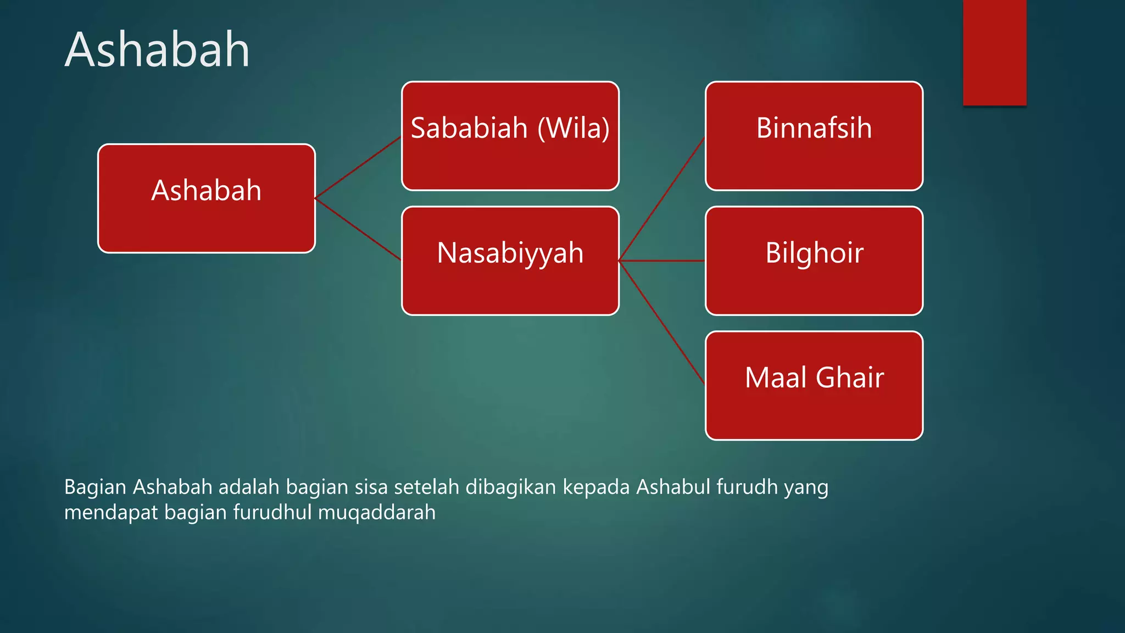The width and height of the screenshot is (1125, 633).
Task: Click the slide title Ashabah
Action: click(x=157, y=50)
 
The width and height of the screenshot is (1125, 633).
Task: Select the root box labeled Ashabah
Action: click(x=207, y=198)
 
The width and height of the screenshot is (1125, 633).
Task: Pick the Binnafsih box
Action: click(x=814, y=136)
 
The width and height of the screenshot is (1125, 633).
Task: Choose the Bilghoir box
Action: click(x=814, y=260)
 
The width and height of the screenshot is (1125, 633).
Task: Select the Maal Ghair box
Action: click(x=814, y=385)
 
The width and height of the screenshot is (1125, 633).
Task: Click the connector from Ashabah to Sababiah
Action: click(x=358, y=167)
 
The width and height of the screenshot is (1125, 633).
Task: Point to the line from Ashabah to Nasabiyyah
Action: click(x=358, y=229)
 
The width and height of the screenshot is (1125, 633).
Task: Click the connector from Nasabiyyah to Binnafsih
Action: click(x=662, y=198)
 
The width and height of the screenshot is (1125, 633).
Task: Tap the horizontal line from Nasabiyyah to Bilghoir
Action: click(x=662, y=260)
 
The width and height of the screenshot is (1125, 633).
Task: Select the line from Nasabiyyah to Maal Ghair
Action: click(x=662, y=323)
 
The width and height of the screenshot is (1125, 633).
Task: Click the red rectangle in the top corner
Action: click(x=994, y=52)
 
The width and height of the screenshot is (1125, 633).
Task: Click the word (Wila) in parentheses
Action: click(x=573, y=128)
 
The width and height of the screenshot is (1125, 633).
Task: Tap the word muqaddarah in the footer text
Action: click(x=376, y=512)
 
